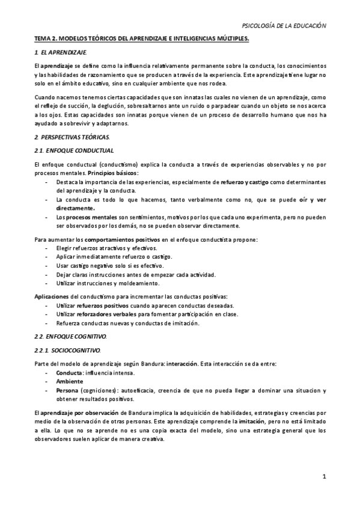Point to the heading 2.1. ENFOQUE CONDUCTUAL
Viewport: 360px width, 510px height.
pos(74,150)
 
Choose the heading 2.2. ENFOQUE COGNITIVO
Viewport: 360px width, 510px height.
pos(71,335)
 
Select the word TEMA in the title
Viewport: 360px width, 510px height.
pos(43,39)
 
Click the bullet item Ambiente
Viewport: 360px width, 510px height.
pos(70,381)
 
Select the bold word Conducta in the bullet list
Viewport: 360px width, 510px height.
pos(70,372)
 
